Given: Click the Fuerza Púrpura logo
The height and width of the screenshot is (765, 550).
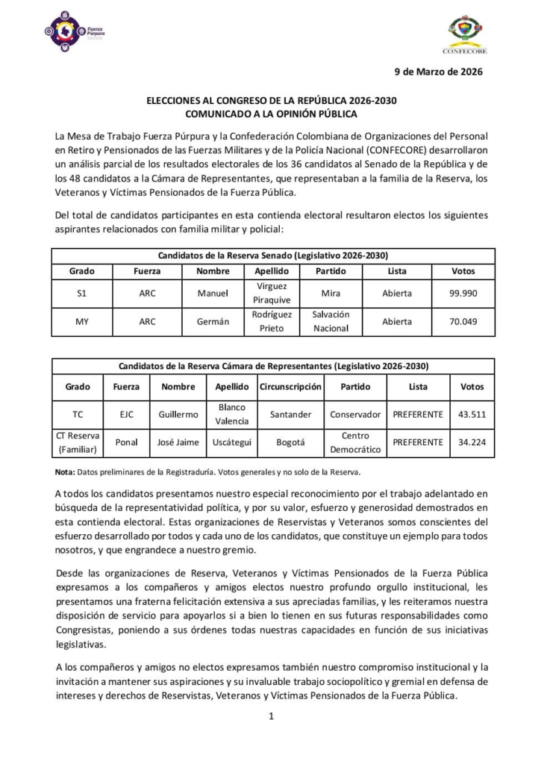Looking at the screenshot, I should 74,33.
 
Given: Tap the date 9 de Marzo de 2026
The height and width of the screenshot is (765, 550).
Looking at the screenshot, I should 438,72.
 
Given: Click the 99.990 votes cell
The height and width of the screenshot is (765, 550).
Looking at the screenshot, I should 463,294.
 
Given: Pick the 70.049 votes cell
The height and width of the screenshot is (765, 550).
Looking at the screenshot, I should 463,322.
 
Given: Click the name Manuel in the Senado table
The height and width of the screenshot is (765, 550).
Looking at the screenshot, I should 212,294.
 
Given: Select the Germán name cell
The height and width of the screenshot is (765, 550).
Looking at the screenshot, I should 212,322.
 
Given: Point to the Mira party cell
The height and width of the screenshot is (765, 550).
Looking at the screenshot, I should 331,294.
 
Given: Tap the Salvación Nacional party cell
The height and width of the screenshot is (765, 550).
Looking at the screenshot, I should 331,322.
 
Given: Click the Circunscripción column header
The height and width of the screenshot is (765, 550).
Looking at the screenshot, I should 290,387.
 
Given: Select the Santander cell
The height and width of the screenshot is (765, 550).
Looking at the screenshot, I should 290,414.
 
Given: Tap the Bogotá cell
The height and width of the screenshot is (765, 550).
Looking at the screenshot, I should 290,442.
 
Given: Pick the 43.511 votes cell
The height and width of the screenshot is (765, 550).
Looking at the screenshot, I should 472,414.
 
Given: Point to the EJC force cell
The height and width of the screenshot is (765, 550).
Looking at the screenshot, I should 126,414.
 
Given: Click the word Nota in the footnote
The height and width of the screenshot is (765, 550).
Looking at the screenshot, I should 64,472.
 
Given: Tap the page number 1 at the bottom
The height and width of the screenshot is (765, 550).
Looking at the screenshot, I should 272,716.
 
